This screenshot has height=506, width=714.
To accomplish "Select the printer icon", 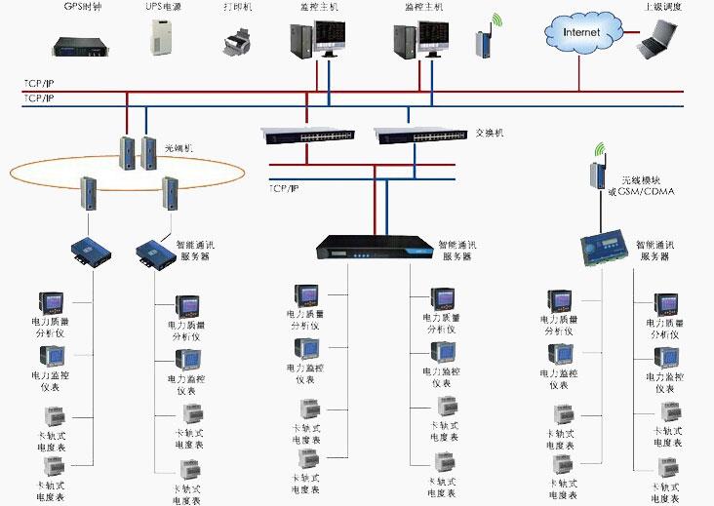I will (x=236, y=42).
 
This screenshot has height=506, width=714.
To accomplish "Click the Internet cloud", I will (x=583, y=31).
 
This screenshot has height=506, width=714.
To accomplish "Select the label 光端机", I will (x=178, y=147).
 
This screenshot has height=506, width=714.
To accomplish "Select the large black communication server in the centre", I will (x=375, y=251).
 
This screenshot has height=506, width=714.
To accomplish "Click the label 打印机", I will (x=237, y=8).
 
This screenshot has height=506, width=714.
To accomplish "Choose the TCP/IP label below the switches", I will (x=285, y=185).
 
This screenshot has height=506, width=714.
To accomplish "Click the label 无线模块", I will (x=641, y=180).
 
